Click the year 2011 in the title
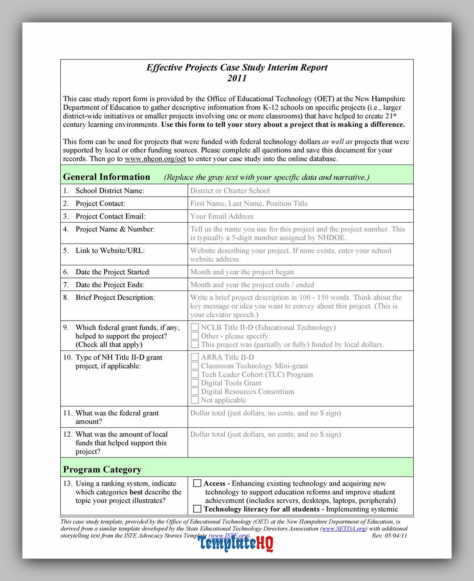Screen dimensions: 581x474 point(237,78)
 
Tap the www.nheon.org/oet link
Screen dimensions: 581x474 point(155,159)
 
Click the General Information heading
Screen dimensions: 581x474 point(106,177)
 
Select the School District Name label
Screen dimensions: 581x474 point(110,191)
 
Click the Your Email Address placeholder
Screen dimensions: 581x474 point(222,216)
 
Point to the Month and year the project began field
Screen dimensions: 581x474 point(242,272)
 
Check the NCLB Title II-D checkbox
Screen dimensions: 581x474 point(195,327)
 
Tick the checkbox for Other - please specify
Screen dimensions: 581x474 point(195,336)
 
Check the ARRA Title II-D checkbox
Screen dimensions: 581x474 point(195,357)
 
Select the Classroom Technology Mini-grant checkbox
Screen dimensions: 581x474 point(195,366)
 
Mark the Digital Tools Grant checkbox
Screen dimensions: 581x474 point(195,383)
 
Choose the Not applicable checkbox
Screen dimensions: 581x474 point(195,400)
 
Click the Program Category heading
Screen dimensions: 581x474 point(102,470)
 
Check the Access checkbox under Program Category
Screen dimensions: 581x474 point(198,483)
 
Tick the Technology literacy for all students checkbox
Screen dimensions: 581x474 point(198,509)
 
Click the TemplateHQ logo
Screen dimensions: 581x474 point(236,543)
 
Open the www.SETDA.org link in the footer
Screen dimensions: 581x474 point(344,529)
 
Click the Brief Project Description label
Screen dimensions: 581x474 point(115,298)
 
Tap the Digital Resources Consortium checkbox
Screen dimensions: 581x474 point(195,391)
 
